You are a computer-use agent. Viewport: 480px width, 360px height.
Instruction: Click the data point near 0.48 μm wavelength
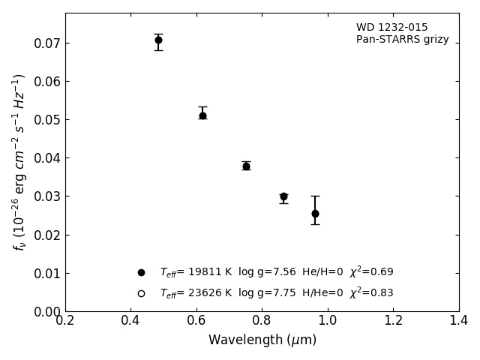tap(158, 40)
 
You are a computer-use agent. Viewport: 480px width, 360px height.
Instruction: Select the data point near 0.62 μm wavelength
tap(202, 115)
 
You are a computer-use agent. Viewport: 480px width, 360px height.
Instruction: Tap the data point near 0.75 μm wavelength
tap(246, 166)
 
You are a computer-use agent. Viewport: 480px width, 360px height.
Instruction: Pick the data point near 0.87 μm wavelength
tap(283, 196)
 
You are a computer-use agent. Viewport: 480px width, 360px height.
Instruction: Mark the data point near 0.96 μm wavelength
tap(315, 214)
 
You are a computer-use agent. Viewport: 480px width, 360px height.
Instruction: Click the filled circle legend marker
tap(141, 273)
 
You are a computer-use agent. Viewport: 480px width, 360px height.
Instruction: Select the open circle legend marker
tap(141, 293)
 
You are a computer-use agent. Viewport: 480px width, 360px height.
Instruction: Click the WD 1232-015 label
tap(391, 28)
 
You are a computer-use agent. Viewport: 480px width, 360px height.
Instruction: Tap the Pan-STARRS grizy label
tap(402, 40)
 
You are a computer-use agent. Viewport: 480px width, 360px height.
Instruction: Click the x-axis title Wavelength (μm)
tap(262, 340)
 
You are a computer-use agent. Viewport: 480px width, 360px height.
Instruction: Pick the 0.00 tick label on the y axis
tap(46, 312)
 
